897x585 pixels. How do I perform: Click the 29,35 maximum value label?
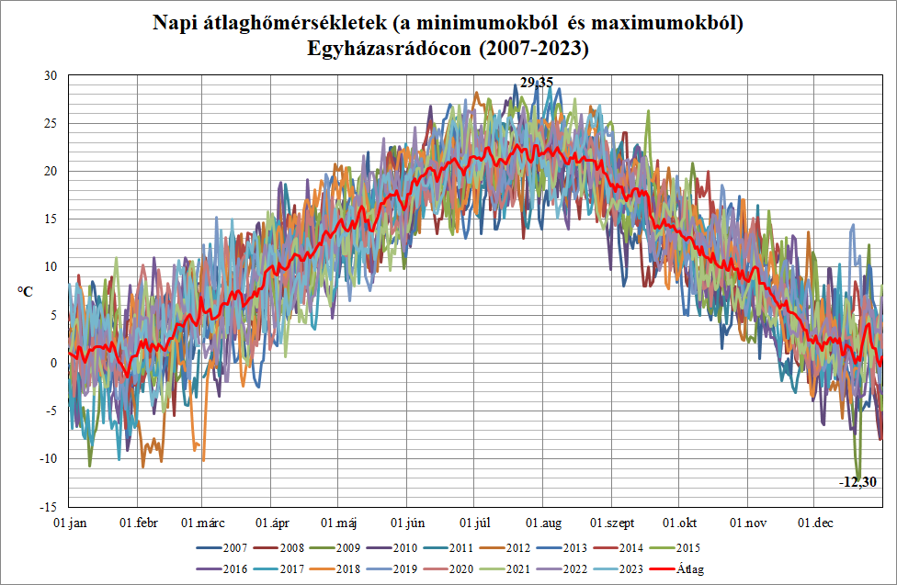click(x=537, y=83)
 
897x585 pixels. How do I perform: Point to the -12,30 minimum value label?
click(x=857, y=481)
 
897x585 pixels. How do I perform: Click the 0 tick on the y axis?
click(x=54, y=363)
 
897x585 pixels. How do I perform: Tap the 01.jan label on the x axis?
click(x=70, y=523)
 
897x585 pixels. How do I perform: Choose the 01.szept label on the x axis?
click(x=613, y=523)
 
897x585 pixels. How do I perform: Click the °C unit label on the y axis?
click(x=26, y=291)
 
